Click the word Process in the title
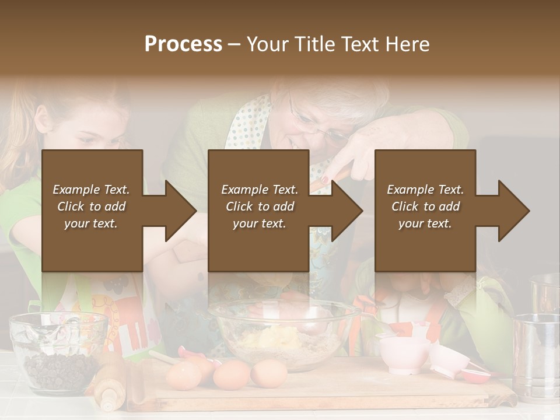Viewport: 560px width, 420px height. coord(183,44)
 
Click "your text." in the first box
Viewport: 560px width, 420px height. coord(91,223)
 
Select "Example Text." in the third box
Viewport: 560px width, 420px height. coord(425,190)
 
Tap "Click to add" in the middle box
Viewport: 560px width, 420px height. coord(260,206)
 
